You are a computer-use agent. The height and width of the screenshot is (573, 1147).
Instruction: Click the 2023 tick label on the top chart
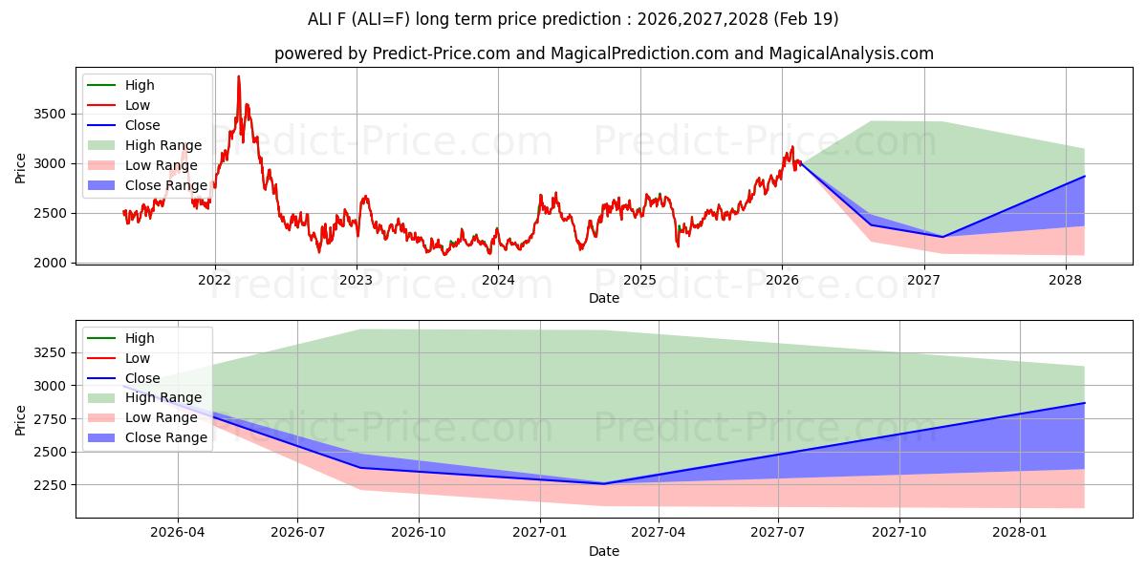tap(357, 280)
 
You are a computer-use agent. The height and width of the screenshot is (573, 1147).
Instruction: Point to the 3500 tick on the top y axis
tap(50, 114)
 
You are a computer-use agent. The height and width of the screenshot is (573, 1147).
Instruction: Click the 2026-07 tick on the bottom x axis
tap(297, 533)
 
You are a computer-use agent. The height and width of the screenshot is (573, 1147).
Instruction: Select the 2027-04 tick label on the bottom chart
tap(660, 533)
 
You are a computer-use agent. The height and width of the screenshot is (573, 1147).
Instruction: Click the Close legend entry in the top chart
tap(142, 125)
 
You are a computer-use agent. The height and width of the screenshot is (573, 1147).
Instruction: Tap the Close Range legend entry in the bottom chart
tap(165, 437)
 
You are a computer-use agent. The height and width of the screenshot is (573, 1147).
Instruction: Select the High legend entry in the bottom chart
tap(140, 338)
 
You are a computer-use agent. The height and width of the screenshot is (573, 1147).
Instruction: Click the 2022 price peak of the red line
tap(239, 76)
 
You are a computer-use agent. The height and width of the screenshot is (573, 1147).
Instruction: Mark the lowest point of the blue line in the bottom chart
tap(603, 483)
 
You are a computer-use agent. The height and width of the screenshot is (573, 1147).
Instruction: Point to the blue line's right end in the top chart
tap(1084, 177)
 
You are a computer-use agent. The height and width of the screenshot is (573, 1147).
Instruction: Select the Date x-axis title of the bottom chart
tap(604, 551)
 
